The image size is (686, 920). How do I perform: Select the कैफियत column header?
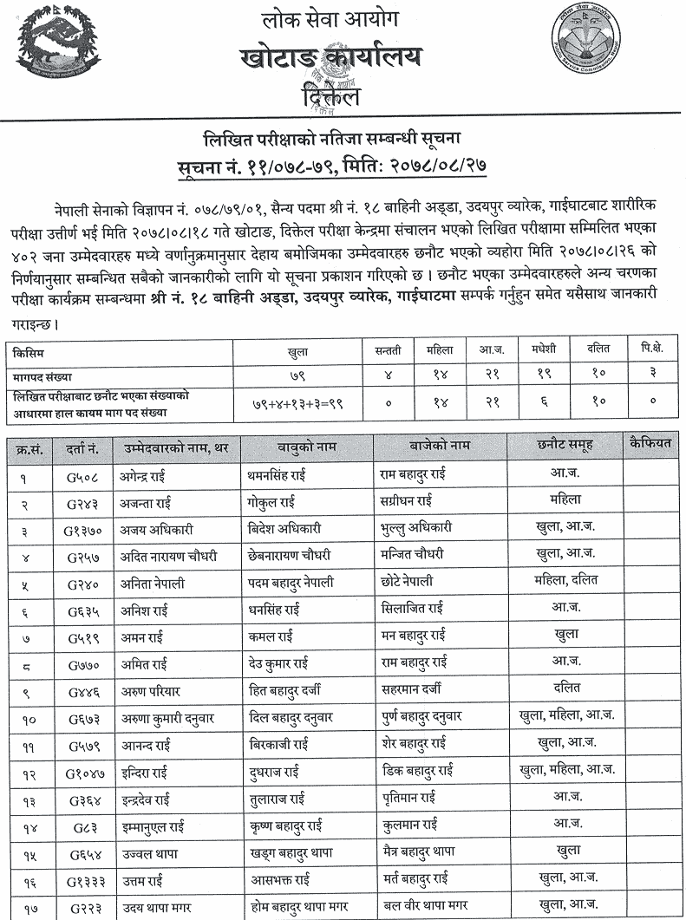[650, 445]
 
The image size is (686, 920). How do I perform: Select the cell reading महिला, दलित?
[565, 580]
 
